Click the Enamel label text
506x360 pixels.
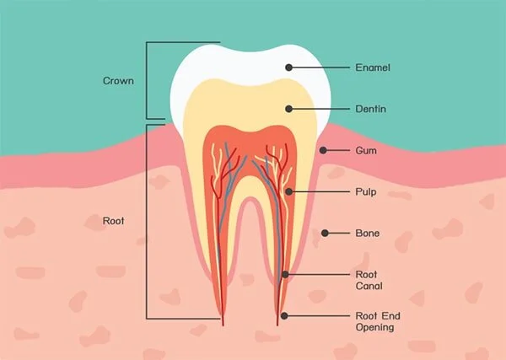pyautogui.click(x=372, y=67)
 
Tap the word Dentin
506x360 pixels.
pyautogui.click(x=371, y=109)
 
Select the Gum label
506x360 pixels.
pyautogui.click(x=366, y=151)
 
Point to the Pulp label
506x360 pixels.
pyautogui.click(x=367, y=192)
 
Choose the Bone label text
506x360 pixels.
pyautogui.click(x=369, y=234)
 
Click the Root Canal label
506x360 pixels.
pyautogui.click(x=369, y=280)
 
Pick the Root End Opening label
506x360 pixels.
pyautogui.click(x=375, y=321)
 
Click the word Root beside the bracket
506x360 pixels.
pyautogui.click(x=114, y=221)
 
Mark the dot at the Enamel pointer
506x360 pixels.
pyautogui.click(x=288, y=67)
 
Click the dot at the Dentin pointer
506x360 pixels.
pyautogui.click(x=288, y=109)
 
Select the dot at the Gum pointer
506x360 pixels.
pyautogui.click(x=323, y=151)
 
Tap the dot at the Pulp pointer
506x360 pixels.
pyautogui.click(x=288, y=192)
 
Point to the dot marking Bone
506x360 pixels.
pyautogui.click(x=323, y=234)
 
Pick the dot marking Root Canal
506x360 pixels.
pyautogui.click(x=285, y=275)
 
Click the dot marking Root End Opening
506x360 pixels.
pyautogui.click(x=284, y=316)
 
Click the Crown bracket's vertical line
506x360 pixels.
pyautogui.click(x=147, y=81)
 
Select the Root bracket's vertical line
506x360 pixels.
pyautogui.click(x=147, y=221)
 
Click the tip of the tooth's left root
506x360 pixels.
pyautogui.click(x=223, y=324)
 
